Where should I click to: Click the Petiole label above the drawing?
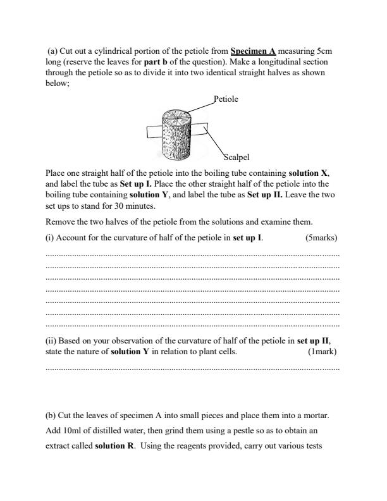point(226,99)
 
